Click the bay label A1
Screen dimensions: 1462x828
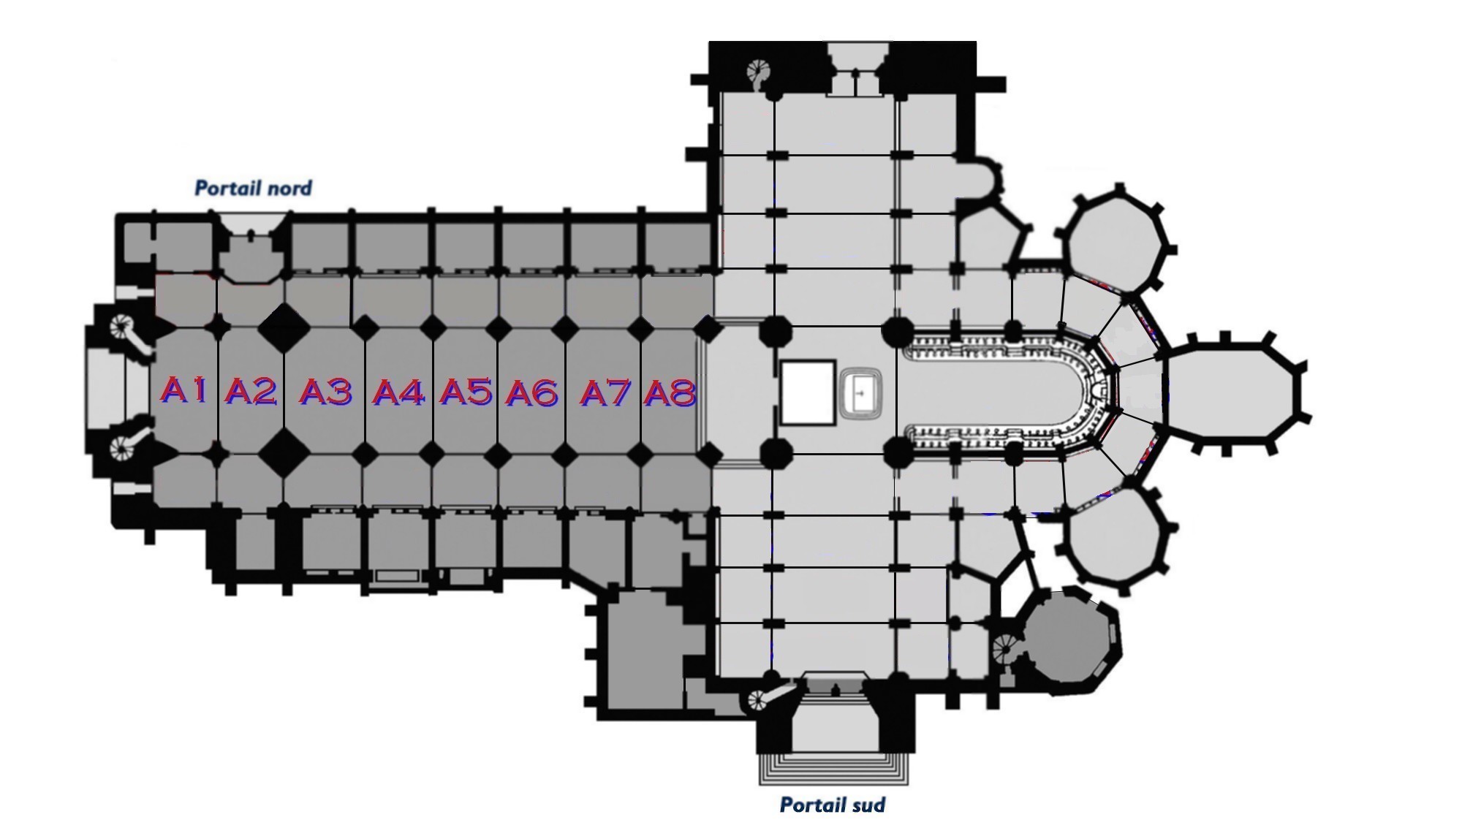click(183, 390)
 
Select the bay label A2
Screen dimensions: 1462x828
click(251, 392)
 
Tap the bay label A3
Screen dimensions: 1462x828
click(326, 392)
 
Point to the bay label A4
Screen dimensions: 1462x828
click(398, 393)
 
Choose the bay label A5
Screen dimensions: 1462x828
click(466, 392)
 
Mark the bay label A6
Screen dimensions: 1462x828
click(532, 393)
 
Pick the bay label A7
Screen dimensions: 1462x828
click(605, 393)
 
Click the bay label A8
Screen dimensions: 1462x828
click(670, 393)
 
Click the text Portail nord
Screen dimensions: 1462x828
click(253, 189)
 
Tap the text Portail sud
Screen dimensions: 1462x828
click(833, 805)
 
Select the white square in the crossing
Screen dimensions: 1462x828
click(808, 392)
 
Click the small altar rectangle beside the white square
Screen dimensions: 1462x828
click(863, 392)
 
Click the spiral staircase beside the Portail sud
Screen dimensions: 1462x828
click(761, 699)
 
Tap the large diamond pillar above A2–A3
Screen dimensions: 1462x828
click(284, 327)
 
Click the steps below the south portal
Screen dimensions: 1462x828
click(834, 768)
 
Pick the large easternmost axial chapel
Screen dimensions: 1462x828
click(1232, 392)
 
